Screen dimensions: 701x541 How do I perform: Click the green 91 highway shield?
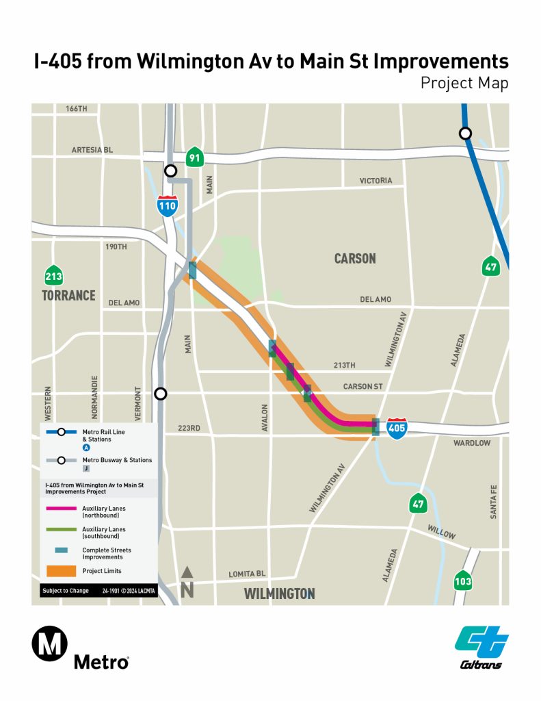195,157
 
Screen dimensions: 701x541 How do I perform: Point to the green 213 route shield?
51,276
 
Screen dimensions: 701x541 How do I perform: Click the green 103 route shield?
463,581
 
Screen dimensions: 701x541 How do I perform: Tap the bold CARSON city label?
355,259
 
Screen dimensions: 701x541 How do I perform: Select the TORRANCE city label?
68,296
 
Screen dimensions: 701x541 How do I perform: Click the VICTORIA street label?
376,181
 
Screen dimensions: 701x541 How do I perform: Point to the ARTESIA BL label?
92,150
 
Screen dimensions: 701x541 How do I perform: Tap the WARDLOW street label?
472,443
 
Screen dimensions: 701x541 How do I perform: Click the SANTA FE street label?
494,502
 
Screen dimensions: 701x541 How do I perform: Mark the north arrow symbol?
187,583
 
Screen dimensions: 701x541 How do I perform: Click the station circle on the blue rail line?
466,133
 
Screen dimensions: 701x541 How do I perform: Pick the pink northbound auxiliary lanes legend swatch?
60,509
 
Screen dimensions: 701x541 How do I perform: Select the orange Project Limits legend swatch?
60,570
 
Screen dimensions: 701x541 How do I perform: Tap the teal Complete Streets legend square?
60,550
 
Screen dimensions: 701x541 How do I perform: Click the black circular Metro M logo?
49,646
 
